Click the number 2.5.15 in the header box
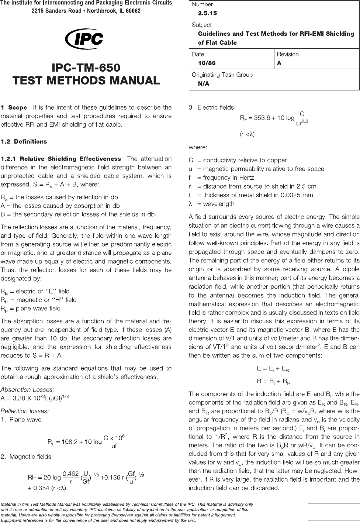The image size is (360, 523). (x=207, y=13)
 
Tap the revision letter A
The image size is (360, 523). (x=279, y=63)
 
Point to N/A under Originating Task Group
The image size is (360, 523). (x=204, y=84)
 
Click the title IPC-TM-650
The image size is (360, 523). (x=86, y=68)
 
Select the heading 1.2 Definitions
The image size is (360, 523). (x=24, y=141)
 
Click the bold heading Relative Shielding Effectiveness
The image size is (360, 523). (x=70, y=159)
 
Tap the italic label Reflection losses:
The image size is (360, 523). (x=25, y=411)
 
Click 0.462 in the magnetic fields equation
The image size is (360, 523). (x=70, y=474)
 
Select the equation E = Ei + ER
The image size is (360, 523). (x=273, y=368)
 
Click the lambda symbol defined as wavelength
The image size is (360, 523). (x=191, y=204)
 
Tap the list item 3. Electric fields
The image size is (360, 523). (x=211, y=107)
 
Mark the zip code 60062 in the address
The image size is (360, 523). (x=132, y=11)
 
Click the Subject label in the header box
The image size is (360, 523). (x=201, y=25)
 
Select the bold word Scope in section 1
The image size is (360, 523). (x=18, y=108)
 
